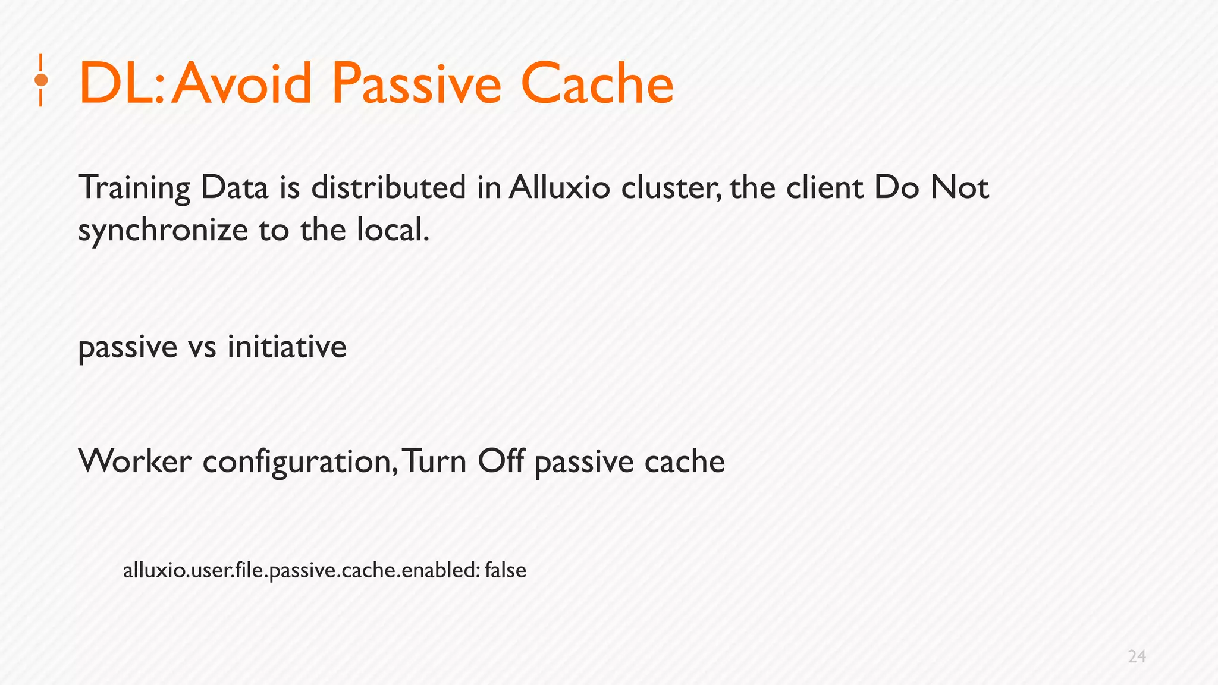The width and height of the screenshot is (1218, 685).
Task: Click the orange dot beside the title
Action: coord(41,80)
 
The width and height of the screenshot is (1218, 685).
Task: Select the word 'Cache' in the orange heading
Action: coord(597,84)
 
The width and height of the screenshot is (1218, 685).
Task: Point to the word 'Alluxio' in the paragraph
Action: coord(559,188)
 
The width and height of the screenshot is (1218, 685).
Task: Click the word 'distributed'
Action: coord(388,188)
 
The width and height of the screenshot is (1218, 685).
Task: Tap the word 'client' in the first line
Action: coord(824,188)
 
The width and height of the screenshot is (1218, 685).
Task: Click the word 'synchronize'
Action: coord(162,231)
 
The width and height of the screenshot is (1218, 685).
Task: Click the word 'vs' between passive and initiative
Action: coord(202,347)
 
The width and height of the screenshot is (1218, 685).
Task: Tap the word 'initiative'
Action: coord(287,347)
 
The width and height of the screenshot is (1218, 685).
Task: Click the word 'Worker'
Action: coord(135,461)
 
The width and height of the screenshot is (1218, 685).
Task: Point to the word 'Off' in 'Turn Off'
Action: coord(501,461)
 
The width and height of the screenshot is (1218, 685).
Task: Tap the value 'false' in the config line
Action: coord(506,570)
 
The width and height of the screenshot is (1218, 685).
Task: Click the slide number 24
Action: coord(1137,656)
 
